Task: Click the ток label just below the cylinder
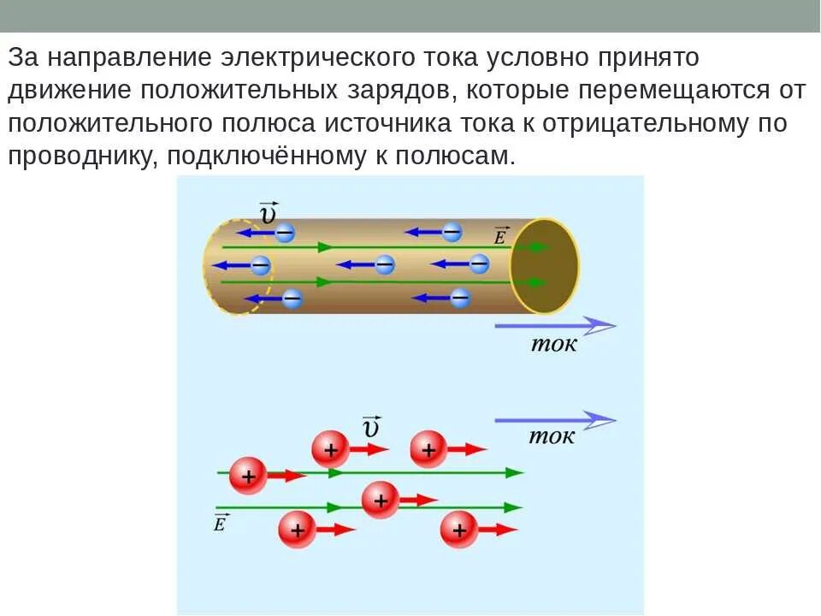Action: coord(554,344)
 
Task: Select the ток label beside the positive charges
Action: coord(552,436)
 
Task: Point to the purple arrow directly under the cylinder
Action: coord(555,326)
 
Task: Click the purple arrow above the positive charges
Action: coord(555,419)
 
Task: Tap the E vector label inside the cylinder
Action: coord(500,237)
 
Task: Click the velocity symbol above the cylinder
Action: coord(268,211)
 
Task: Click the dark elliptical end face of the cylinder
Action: coord(545,265)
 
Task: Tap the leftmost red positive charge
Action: coord(249,476)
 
